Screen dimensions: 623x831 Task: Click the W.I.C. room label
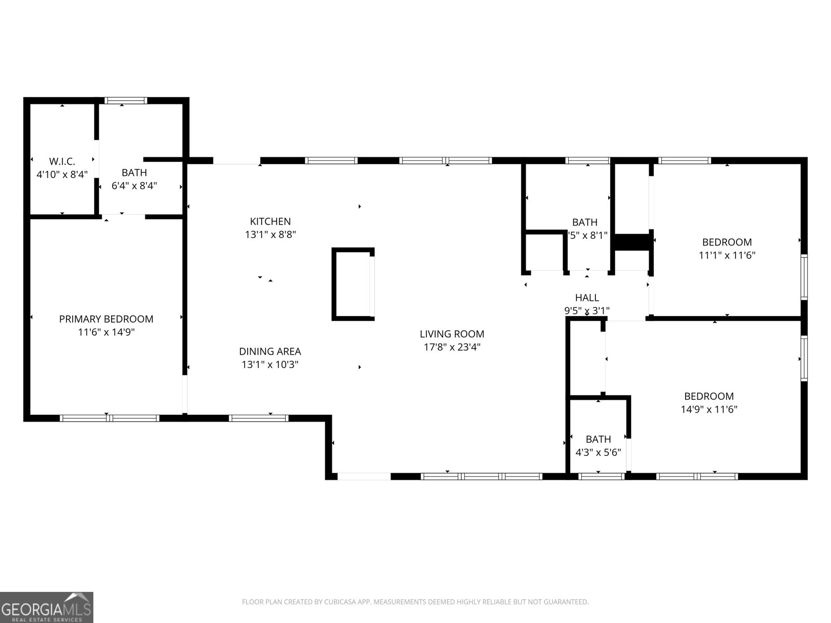click(62, 161)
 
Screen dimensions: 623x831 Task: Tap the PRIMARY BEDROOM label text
click(106, 319)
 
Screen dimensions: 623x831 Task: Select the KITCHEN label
click(270, 221)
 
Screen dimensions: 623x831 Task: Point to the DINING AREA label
click(270, 351)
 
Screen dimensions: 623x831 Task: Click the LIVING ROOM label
click(452, 334)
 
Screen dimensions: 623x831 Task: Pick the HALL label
click(587, 297)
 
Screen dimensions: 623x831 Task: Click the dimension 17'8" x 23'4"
click(452, 347)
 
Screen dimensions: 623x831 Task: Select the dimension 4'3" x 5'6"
click(598, 452)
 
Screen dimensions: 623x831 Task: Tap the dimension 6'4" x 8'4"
click(134, 185)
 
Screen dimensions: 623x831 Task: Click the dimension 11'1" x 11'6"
click(727, 255)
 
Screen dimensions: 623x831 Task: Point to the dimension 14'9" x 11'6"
click(709, 409)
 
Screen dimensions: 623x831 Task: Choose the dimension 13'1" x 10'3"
click(270, 364)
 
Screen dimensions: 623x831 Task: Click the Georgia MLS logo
click(47, 607)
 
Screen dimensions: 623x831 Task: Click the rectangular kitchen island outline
click(353, 284)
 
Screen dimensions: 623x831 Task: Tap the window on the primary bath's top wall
click(125, 101)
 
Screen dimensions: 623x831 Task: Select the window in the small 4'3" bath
click(601, 476)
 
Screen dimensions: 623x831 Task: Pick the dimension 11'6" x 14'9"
click(106, 332)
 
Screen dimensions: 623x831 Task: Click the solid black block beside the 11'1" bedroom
click(632, 242)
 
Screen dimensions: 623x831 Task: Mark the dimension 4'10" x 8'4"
click(62, 174)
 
